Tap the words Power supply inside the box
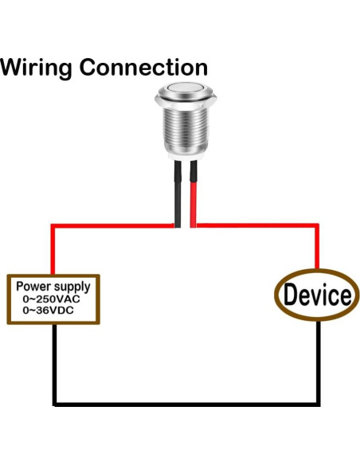point(53,286)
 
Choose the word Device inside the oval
point(317,295)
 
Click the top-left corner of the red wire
point(53,227)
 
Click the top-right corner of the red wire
point(319,227)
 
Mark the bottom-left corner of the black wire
point(55,403)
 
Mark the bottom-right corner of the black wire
point(319,403)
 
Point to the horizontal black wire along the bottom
point(187,403)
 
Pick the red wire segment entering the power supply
point(53,253)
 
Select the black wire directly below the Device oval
point(319,358)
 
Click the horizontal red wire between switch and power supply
point(112,227)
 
